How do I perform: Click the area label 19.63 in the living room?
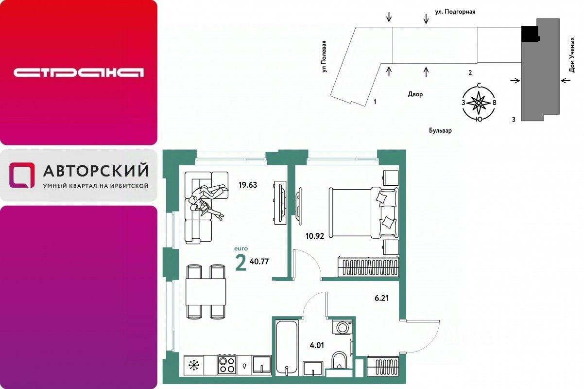point(248,185)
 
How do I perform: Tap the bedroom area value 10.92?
point(315,236)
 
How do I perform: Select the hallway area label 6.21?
point(381,298)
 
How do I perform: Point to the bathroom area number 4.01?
point(317,345)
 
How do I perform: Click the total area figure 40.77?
point(259,262)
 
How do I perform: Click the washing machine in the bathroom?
point(343,327)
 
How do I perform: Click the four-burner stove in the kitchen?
point(227,365)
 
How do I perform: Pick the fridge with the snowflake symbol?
point(193,365)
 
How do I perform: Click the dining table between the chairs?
point(206,292)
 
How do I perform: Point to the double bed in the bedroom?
point(364,212)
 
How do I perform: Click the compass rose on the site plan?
point(479,103)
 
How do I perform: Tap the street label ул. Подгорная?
point(455,12)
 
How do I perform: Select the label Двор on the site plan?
point(415,94)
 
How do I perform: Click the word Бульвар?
point(440,130)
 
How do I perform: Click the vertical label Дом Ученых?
point(572,55)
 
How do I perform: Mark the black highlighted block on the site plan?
point(530,34)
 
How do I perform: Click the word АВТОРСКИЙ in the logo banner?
point(96,170)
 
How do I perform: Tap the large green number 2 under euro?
point(240,263)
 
